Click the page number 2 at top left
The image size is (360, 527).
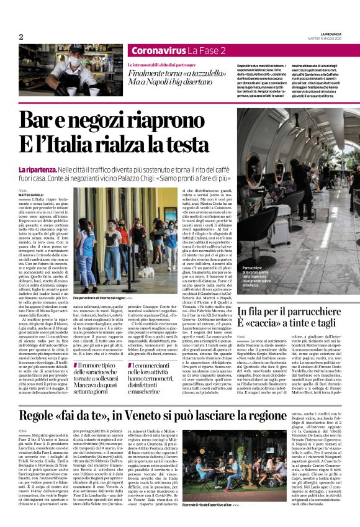(21, 37)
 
